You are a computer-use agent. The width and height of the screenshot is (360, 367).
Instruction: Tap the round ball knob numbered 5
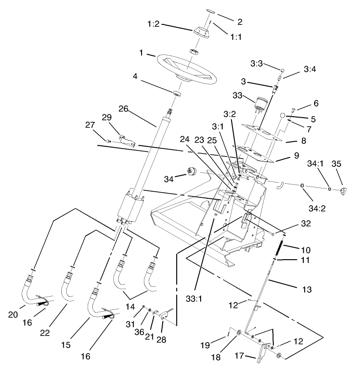(x=283, y=115)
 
